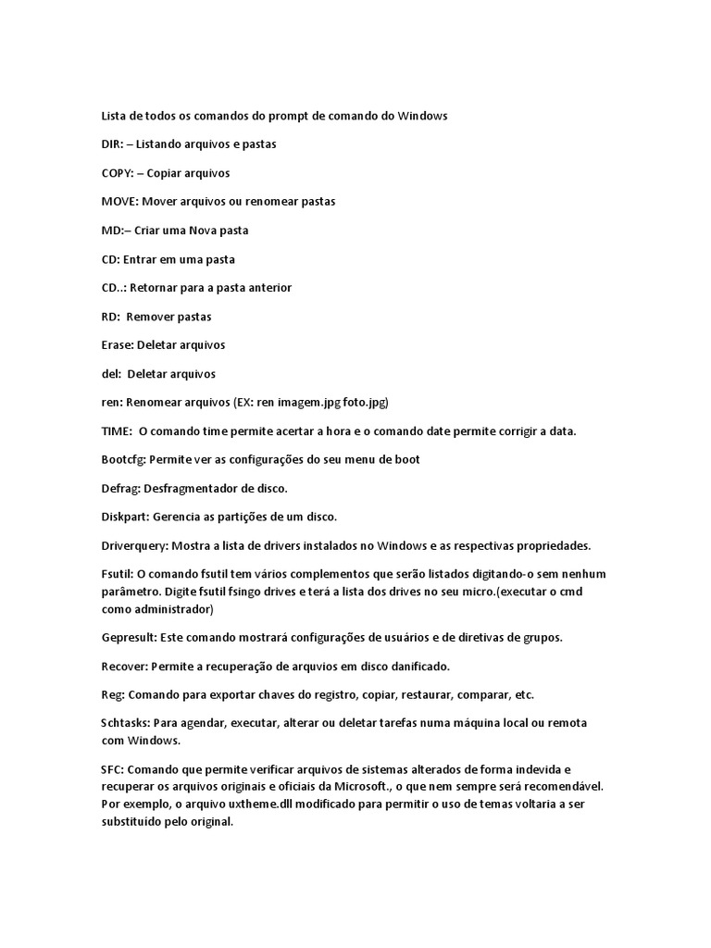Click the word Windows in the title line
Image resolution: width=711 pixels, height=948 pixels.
click(423, 116)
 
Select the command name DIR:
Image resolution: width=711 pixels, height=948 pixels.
click(112, 144)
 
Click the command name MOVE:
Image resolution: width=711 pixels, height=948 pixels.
click(119, 201)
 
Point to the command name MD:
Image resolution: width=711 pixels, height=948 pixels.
click(111, 231)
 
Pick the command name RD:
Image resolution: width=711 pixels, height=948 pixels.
click(110, 317)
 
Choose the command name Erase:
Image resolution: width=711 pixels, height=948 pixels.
click(117, 345)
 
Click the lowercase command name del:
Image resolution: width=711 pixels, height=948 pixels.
click(110, 374)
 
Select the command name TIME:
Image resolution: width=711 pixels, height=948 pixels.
click(117, 431)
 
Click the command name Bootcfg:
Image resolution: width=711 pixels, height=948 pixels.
click(123, 460)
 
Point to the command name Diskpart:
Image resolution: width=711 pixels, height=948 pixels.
click(125, 517)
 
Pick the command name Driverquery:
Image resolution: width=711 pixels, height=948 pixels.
click(134, 545)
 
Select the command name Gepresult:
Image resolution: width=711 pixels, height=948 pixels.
click(129, 638)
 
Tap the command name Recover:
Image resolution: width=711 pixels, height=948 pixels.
click(123, 666)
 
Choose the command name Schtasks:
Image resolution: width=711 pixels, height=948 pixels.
click(127, 722)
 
